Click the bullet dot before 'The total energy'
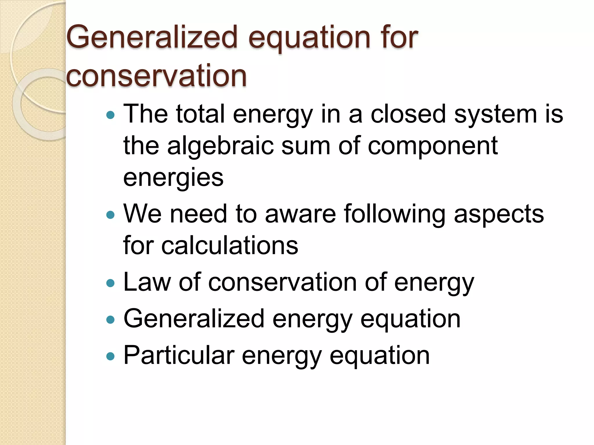click(111, 115)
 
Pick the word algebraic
click(220, 146)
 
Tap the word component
click(433, 146)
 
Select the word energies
click(173, 178)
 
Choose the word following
click(395, 215)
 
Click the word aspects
click(499, 215)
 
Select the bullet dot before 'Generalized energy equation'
click(111, 320)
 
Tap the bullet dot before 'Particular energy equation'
click(111, 356)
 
